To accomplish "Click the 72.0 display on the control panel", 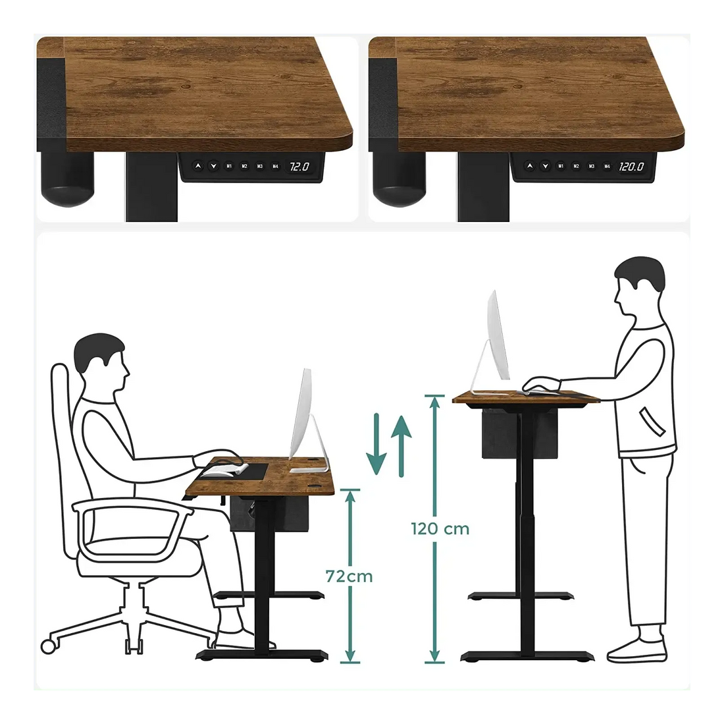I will pos(299,167).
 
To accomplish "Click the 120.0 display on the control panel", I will pos(631,167).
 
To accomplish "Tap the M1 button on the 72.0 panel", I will pos(229,167).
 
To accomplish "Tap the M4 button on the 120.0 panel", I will pos(607,167).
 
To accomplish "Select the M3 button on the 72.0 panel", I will pos(260,167).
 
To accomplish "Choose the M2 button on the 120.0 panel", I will pos(576,167).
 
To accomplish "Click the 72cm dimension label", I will pos(349,576).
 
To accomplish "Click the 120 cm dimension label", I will pos(440,528).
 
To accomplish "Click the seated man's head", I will pos(101,362).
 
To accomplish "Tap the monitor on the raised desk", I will pos(498,336).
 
